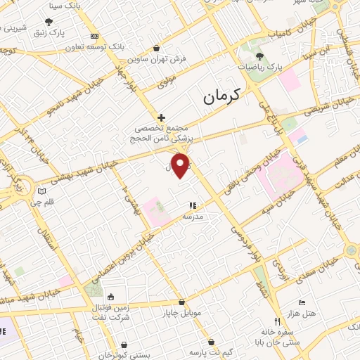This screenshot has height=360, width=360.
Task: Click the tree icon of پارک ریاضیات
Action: click(x=259, y=56)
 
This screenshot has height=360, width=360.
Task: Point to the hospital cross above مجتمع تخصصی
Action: click(x=161, y=117)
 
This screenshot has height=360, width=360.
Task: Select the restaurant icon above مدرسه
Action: click(x=192, y=205)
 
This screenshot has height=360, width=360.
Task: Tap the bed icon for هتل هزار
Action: click(x=302, y=302)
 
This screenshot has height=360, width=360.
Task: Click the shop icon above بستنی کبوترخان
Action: click(x=125, y=345)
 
